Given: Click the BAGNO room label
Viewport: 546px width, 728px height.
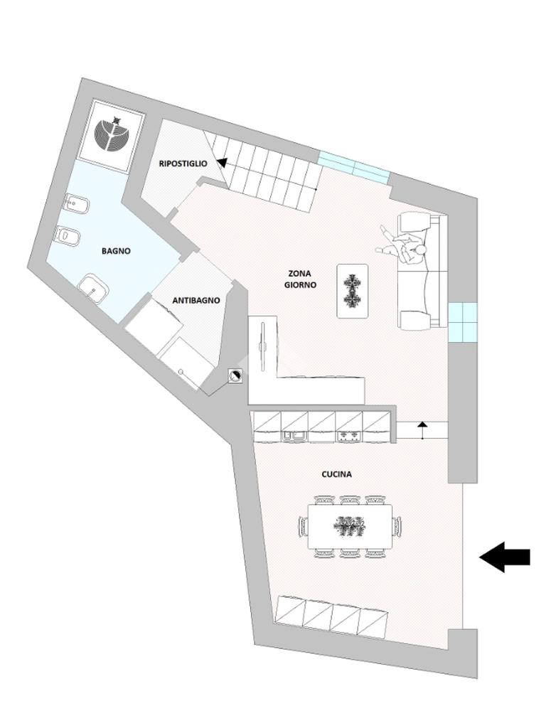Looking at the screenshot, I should point(116,251).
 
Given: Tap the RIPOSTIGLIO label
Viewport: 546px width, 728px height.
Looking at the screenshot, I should point(183,164).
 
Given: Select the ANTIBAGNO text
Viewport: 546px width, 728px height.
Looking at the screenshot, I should point(196,301).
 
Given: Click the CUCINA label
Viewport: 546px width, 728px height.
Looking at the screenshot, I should point(337,474).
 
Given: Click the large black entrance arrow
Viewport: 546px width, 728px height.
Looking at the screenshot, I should point(505,557).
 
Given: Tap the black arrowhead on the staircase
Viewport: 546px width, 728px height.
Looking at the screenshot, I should point(222,163).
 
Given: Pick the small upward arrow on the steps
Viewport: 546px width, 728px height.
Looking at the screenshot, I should point(422,425).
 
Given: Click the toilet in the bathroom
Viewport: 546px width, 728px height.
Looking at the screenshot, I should point(68,235).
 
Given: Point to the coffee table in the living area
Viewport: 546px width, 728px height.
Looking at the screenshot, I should point(352,290).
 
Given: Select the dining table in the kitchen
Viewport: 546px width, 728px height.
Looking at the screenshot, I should point(350,527).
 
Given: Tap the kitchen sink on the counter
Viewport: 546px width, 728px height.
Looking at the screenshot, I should point(294,433).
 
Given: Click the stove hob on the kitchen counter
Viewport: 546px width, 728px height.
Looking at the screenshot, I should point(348,433).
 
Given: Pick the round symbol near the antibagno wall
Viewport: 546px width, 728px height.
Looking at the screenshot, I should point(235,377).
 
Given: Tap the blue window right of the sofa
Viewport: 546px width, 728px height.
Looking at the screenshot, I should point(463,321).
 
